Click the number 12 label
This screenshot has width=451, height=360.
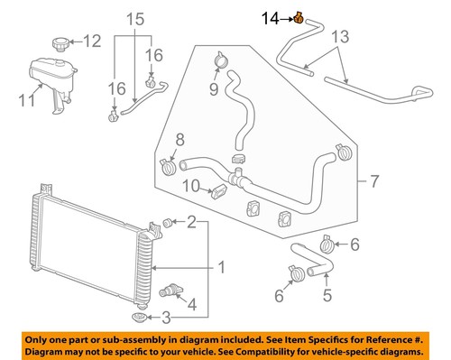[x=93, y=40]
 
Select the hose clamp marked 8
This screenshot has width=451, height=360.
[x=167, y=165]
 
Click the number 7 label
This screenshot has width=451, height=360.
[x=373, y=183]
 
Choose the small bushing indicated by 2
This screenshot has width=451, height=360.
[x=168, y=222]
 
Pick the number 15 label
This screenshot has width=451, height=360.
[x=133, y=19]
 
